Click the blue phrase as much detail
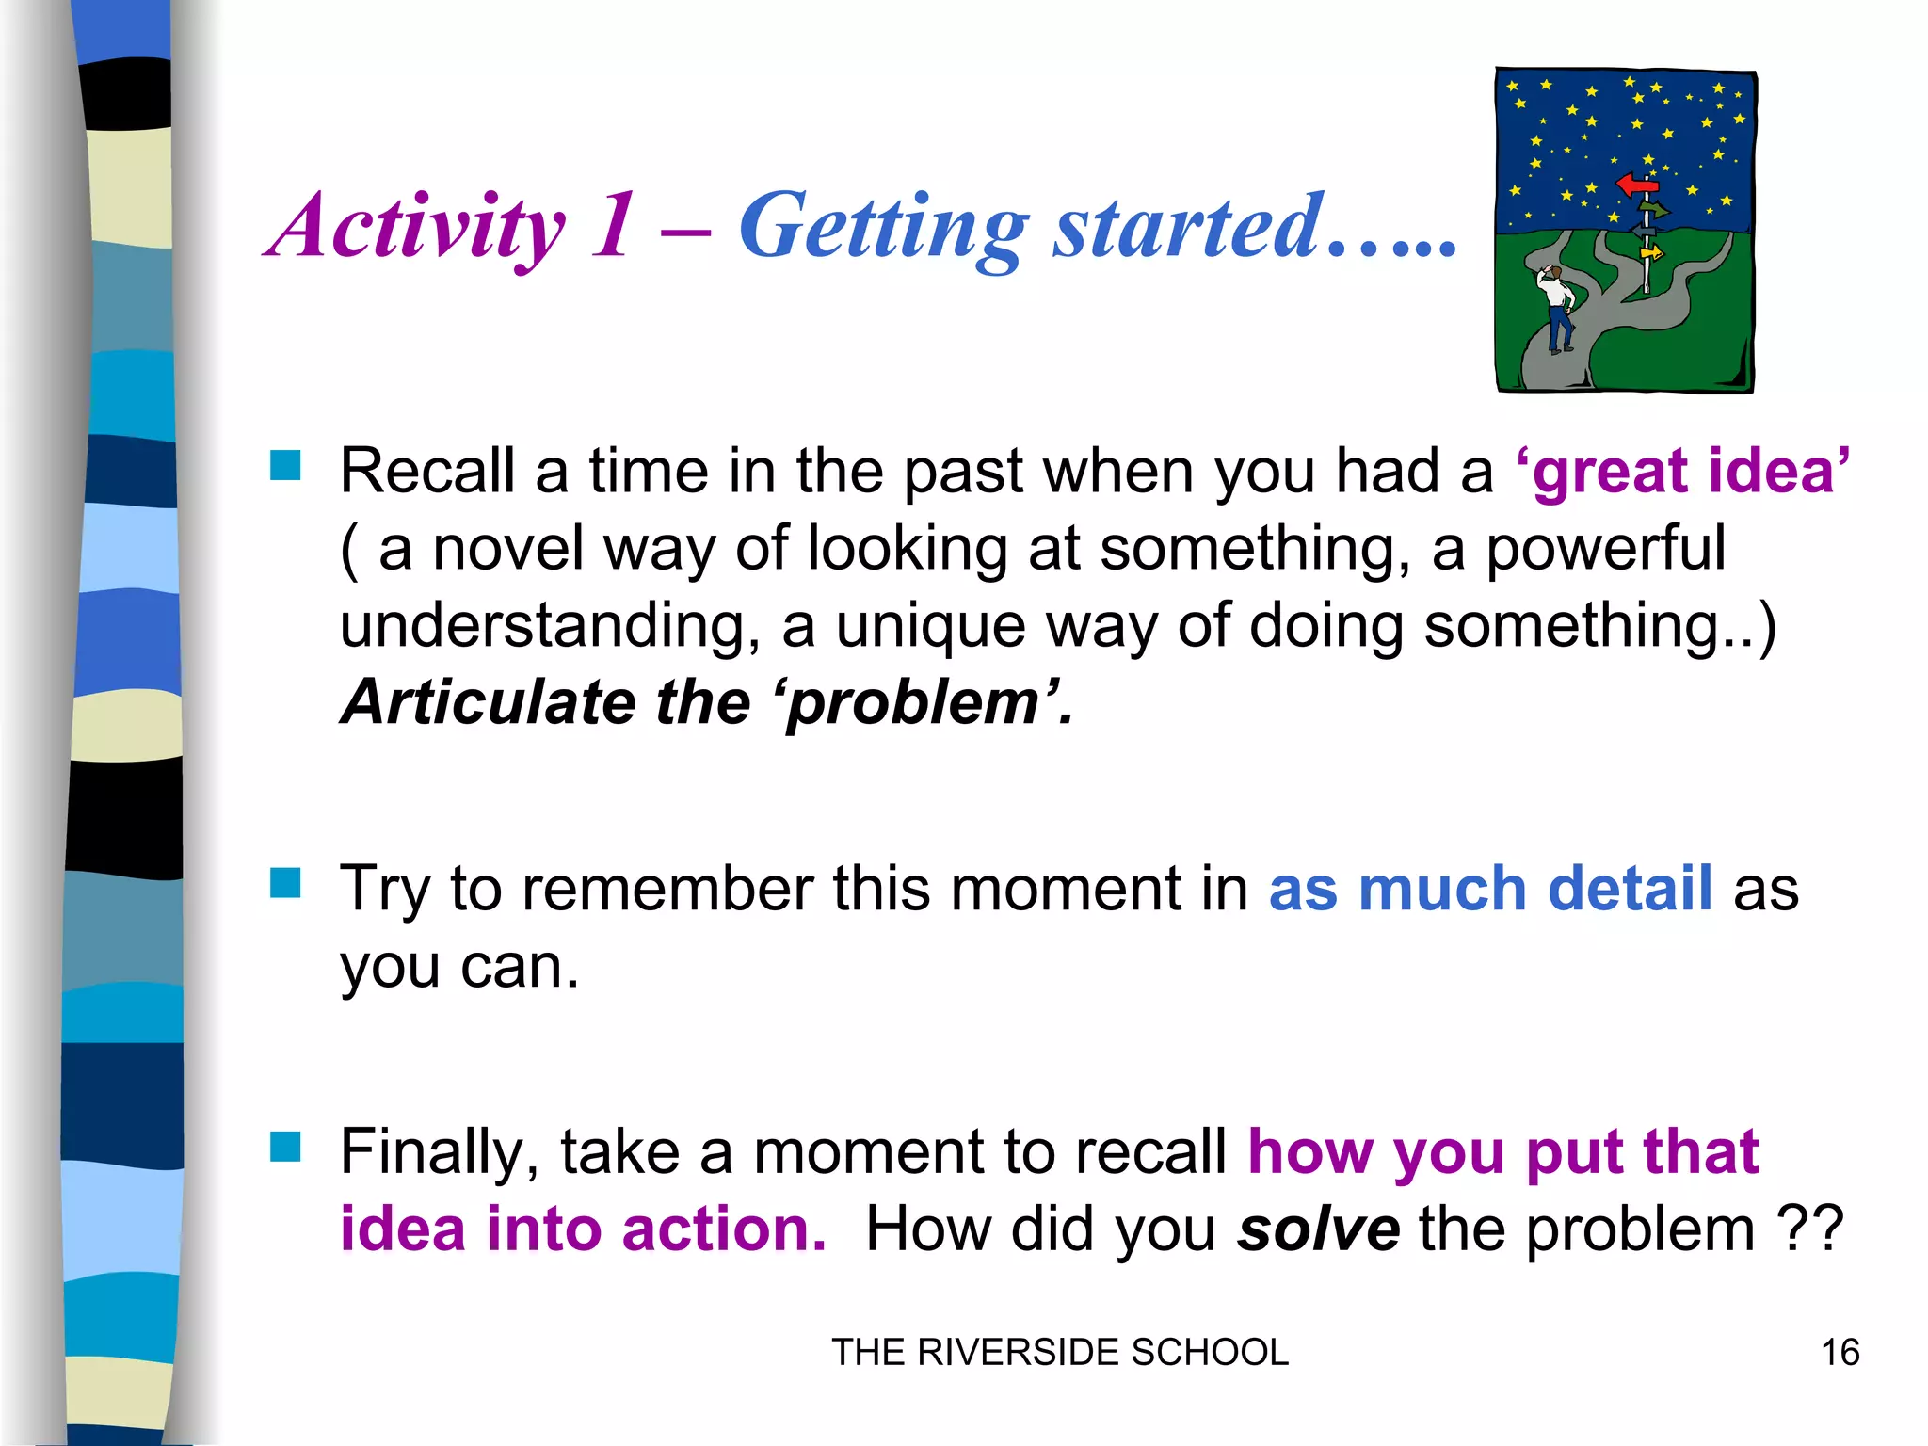pos(1490,889)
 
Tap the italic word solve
pos(1318,1229)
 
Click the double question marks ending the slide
pos(1808,1229)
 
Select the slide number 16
pos(1840,1353)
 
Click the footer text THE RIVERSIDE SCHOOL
pos(1059,1353)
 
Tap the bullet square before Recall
pos(285,465)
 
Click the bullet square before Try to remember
pos(285,884)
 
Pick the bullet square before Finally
pos(285,1147)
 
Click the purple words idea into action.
pos(583,1229)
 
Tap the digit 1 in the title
pos(612,226)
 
